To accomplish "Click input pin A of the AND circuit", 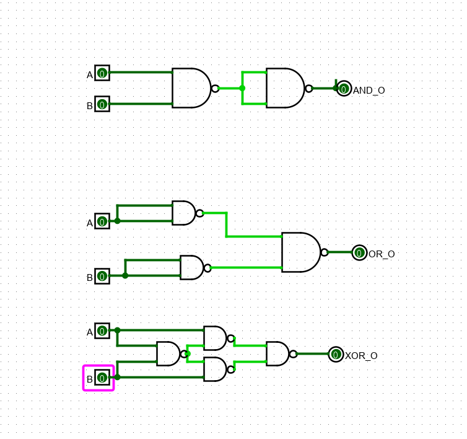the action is click(102, 73).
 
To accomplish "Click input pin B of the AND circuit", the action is click(102, 104).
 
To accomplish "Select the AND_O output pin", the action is click(344, 89).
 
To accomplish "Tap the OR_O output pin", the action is click(359, 252).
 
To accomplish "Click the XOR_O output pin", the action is click(336, 354).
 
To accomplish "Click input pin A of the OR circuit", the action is click(102, 221).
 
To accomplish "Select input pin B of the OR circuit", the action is click(102, 276).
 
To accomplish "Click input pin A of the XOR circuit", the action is click(102, 330).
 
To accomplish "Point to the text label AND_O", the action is click(369, 91).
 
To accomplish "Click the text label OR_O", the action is click(382, 254).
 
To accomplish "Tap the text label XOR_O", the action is click(361, 356).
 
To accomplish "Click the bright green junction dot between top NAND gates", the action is click(242, 88).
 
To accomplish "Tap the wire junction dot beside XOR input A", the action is click(117, 330).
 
